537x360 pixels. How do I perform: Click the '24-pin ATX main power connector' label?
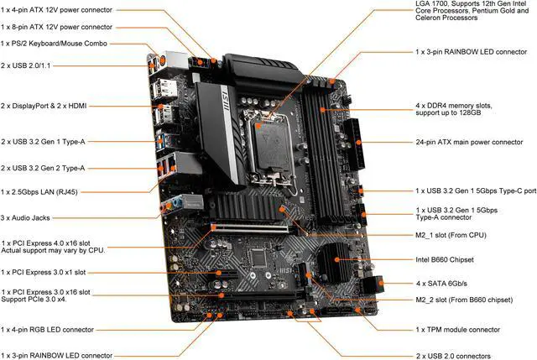473,143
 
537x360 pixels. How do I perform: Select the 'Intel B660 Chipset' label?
445,260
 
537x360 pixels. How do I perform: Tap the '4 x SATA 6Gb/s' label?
445,283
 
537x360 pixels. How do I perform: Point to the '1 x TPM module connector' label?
457,329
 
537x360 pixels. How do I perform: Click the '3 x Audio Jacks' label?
28,218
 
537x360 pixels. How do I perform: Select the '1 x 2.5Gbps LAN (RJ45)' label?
50,192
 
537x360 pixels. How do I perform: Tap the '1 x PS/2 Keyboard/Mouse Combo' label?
60,44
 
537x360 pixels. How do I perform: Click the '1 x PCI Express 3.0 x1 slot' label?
55,272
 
